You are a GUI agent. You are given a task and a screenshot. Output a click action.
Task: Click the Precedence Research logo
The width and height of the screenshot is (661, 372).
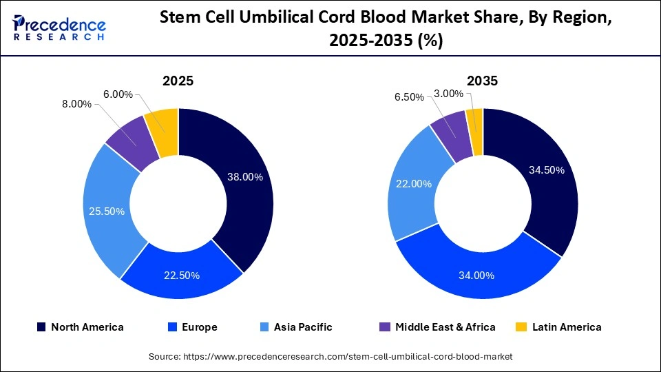59,28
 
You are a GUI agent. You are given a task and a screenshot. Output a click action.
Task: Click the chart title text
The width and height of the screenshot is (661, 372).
386,29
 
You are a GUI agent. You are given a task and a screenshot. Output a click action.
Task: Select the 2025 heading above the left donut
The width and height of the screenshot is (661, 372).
178,81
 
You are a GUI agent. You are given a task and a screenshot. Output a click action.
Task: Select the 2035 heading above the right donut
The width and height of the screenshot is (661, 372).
482,81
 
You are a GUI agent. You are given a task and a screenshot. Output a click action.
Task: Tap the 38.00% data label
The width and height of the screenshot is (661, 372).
245,177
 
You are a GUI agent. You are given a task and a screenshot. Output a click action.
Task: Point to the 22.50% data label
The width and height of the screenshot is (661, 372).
182,276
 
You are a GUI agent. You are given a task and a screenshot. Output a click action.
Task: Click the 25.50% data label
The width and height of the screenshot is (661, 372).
107,211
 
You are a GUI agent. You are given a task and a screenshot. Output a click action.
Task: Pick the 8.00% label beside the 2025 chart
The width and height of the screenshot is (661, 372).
76,104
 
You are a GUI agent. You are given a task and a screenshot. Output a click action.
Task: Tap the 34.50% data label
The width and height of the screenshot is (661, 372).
546,170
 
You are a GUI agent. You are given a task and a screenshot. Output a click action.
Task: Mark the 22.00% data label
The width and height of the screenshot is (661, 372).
414,184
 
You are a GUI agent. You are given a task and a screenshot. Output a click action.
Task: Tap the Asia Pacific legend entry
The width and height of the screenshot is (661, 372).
297,327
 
